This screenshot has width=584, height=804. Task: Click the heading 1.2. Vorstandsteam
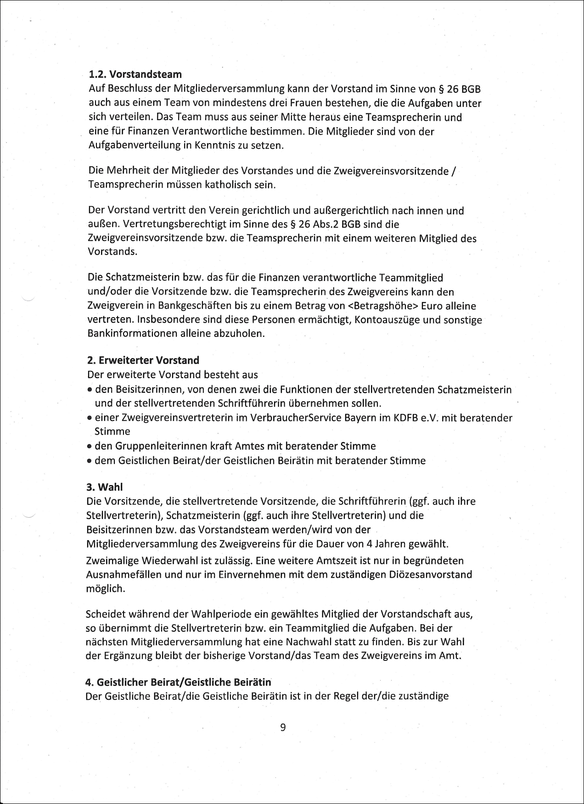click(x=135, y=74)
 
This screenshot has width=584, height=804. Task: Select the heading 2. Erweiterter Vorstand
click(x=143, y=360)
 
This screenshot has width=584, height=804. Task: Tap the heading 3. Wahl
click(x=105, y=487)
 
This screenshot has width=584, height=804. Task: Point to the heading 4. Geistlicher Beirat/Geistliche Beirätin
click(x=179, y=682)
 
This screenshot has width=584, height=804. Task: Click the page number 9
click(x=283, y=727)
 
